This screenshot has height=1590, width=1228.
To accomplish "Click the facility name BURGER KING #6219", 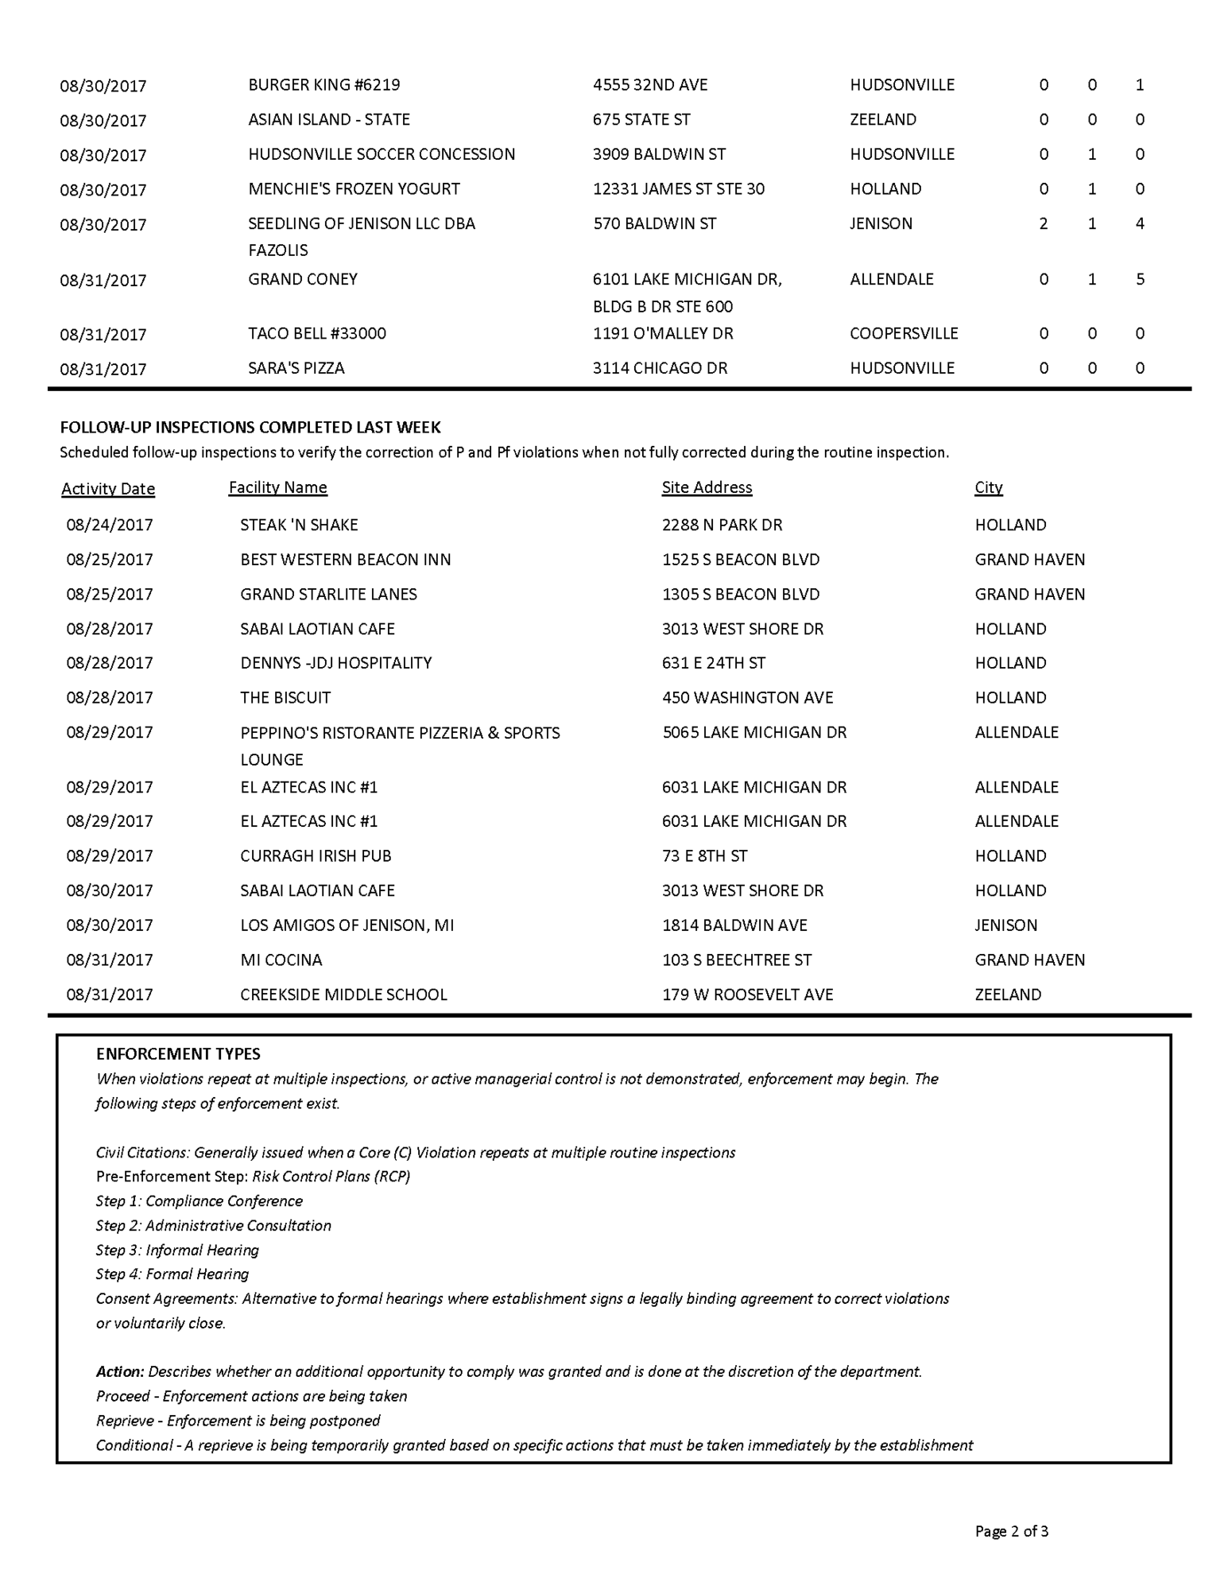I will [323, 85].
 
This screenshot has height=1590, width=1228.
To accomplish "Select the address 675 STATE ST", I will [641, 120].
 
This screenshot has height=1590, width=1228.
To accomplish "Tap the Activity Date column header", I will [108, 489].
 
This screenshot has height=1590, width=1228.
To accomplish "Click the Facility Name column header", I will [277, 487].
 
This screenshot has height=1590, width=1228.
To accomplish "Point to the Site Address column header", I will [707, 487].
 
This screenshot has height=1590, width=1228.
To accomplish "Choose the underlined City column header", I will [988, 487].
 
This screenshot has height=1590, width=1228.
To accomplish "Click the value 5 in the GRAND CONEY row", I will [1140, 280].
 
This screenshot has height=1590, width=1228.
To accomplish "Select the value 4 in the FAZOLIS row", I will [1140, 224].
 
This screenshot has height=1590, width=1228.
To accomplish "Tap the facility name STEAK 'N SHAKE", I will [299, 525].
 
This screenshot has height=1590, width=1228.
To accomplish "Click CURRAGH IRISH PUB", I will [316, 856].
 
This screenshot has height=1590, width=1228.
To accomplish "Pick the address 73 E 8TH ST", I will [704, 856].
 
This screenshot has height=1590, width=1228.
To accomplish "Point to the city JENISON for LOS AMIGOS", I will [1005, 925].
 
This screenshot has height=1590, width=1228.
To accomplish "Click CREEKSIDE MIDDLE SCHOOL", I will [343, 995].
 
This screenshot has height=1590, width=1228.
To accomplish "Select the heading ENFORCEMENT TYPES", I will [178, 1054].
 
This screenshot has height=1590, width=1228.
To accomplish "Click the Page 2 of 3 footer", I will [1011, 1531].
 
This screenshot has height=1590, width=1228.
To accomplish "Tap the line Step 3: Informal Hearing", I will [177, 1251].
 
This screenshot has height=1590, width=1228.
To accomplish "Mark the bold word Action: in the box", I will [120, 1371].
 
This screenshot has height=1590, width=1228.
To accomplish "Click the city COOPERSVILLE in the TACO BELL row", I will [904, 334].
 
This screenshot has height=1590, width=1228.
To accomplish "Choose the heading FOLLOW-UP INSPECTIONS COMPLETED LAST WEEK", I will [250, 428].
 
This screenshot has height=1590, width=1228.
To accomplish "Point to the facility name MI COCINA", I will [281, 960].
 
